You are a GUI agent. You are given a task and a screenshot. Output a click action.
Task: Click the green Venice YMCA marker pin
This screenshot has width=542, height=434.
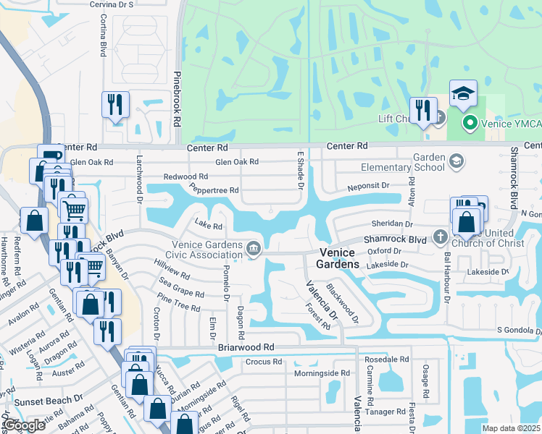point(469,124)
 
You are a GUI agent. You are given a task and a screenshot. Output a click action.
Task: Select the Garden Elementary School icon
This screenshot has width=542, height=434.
point(456,161)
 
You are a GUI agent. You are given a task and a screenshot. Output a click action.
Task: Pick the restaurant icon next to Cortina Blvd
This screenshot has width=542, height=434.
point(115,106)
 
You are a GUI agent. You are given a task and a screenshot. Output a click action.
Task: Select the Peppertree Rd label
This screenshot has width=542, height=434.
point(214,190)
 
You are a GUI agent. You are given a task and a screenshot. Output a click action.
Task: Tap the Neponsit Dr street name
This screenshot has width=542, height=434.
point(381,186)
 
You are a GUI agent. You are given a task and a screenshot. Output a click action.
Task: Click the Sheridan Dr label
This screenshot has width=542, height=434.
point(391,224)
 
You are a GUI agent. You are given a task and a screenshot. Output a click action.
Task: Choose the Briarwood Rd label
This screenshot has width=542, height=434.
point(246,347)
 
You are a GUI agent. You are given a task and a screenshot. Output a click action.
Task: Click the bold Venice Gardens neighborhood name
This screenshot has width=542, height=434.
point(338,258)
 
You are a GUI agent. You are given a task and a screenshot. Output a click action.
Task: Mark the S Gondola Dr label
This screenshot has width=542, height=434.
point(518,331)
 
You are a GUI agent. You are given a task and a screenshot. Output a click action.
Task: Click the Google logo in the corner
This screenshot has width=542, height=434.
point(24,425)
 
